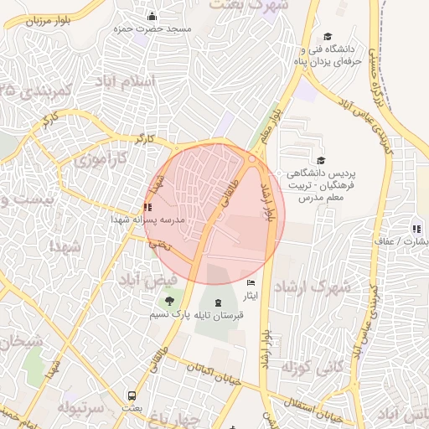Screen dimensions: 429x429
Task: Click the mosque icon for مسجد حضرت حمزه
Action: [x=152, y=16]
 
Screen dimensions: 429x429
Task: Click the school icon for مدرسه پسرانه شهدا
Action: [x=147, y=206]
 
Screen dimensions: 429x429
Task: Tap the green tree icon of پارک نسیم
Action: [x=170, y=300]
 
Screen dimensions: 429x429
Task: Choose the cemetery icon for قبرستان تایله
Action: [x=219, y=302]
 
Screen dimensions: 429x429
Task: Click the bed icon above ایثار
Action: [x=250, y=285]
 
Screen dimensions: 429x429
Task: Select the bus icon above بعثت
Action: [x=132, y=395]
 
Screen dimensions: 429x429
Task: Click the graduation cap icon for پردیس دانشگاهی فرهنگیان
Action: [x=320, y=161]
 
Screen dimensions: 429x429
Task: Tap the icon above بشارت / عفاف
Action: [x=416, y=228]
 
